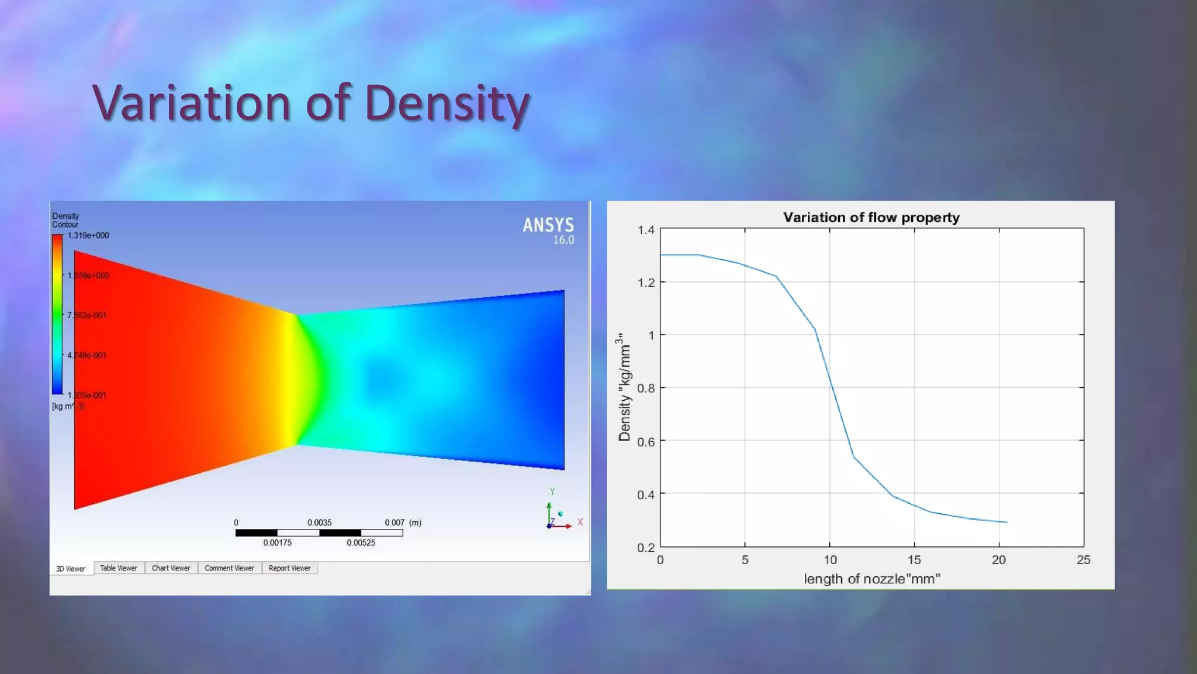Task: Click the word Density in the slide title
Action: click(447, 103)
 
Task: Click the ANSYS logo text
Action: click(548, 225)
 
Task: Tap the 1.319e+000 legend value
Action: click(88, 236)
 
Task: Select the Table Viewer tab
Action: click(118, 568)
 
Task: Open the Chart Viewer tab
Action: click(171, 568)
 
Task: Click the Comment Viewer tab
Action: click(229, 568)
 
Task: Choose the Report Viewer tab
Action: click(289, 568)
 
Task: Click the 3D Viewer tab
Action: click(71, 569)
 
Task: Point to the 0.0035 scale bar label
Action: click(319, 522)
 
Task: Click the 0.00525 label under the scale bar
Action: click(361, 543)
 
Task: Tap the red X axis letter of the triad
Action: click(580, 522)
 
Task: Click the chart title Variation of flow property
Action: click(871, 218)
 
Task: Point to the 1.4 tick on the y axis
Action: click(646, 230)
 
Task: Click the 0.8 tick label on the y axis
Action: click(646, 388)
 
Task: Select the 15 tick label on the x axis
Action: click(914, 560)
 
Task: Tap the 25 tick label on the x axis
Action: click(1083, 560)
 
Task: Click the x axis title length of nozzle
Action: click(871, 579)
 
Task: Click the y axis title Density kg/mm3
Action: click(624, 387)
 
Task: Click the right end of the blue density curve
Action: click(1006, 522)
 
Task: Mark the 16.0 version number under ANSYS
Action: click(563, 240)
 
